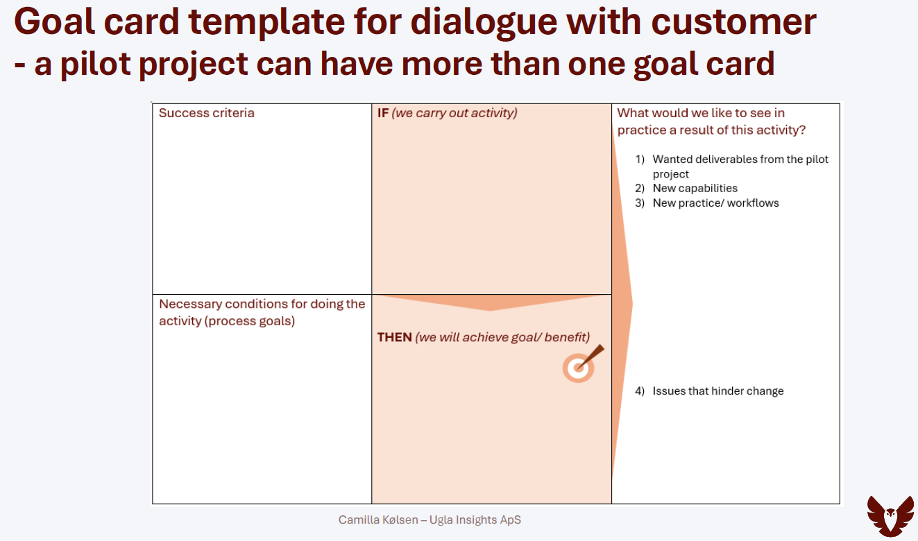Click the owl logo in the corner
click(x=890, y=516)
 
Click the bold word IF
click(x=383, y=113)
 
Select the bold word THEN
click(x=394, y=338)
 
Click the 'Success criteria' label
click(x=207, y=113)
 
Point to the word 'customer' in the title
click(x=733, y=22)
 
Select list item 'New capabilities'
click(x=695, y=189)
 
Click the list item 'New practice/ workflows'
click(x=715, y=203)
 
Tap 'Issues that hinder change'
click(x=718, y=391)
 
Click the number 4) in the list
click(x=640, y=391)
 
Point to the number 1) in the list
click(x=640, y=160)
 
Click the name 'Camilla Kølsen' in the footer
click(x=378, y=520)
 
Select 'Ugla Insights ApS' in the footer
click(x=475, y=520)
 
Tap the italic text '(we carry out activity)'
click(x=454, y=113)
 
